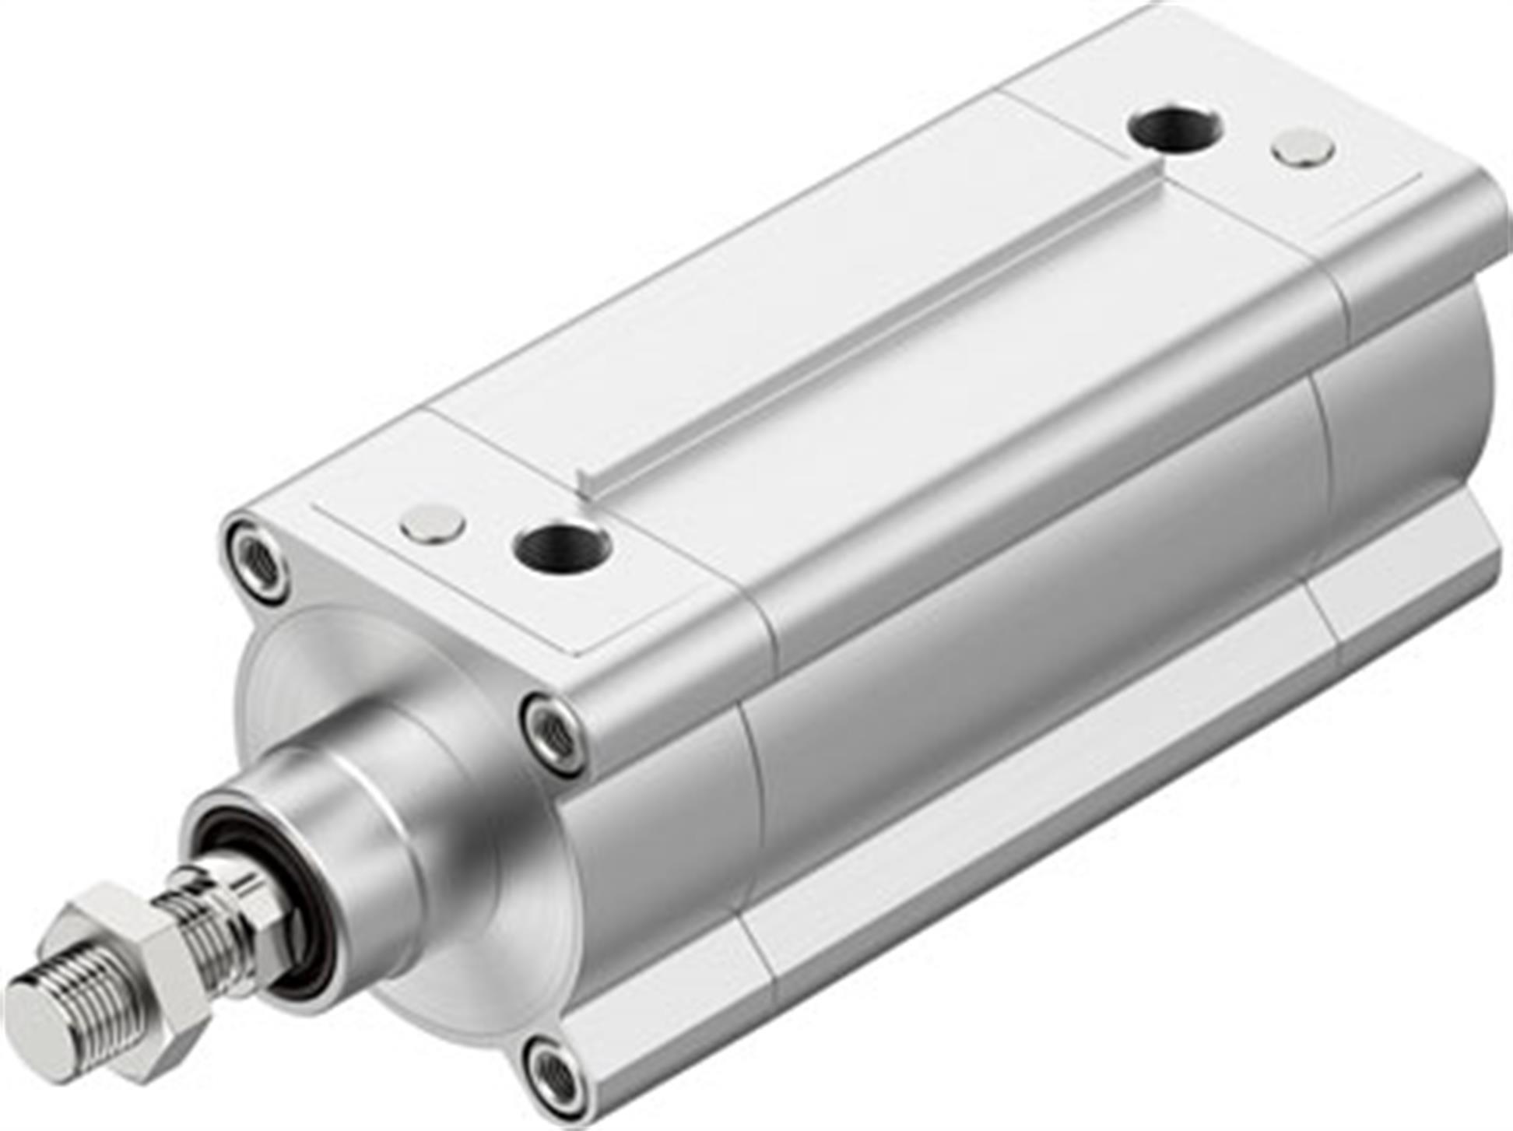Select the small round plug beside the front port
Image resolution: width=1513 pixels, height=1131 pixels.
click(433, 524)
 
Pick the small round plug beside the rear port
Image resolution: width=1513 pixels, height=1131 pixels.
click(1304, 147)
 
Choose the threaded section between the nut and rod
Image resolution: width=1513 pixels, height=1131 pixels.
click(195, 922)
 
